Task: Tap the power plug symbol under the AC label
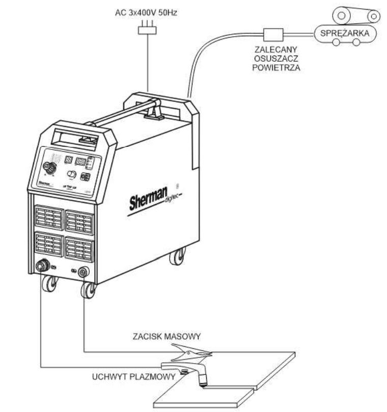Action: [146, 31]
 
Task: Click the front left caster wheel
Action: [49, 284]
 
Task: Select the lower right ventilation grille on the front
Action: [79, 250]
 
